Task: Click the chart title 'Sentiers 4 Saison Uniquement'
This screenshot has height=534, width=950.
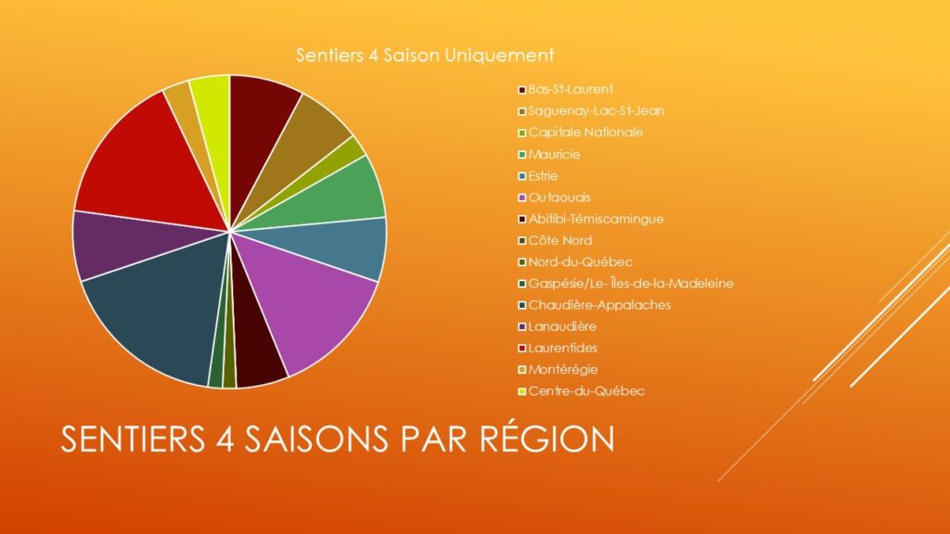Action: coord(425,55)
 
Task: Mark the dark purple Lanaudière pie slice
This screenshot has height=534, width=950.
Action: coord(122,242)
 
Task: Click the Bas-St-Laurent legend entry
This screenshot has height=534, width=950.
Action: coord(565,90)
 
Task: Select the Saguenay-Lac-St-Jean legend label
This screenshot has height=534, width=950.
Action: coord(591,111)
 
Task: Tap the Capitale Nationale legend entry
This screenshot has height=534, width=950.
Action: coord(580,133)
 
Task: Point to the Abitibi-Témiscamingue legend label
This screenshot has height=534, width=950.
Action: coord(591,219)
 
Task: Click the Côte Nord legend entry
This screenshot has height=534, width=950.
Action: coord(555,240)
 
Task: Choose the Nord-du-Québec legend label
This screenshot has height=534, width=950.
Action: coord(575,262)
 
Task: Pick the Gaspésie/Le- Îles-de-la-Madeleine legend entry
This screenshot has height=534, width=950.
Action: coord(625,284)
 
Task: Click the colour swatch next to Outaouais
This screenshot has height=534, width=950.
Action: coord(521,198)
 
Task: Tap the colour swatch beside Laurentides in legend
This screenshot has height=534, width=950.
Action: coord(521,349)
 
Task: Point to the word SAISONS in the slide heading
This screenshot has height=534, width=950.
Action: coord(315,439)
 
